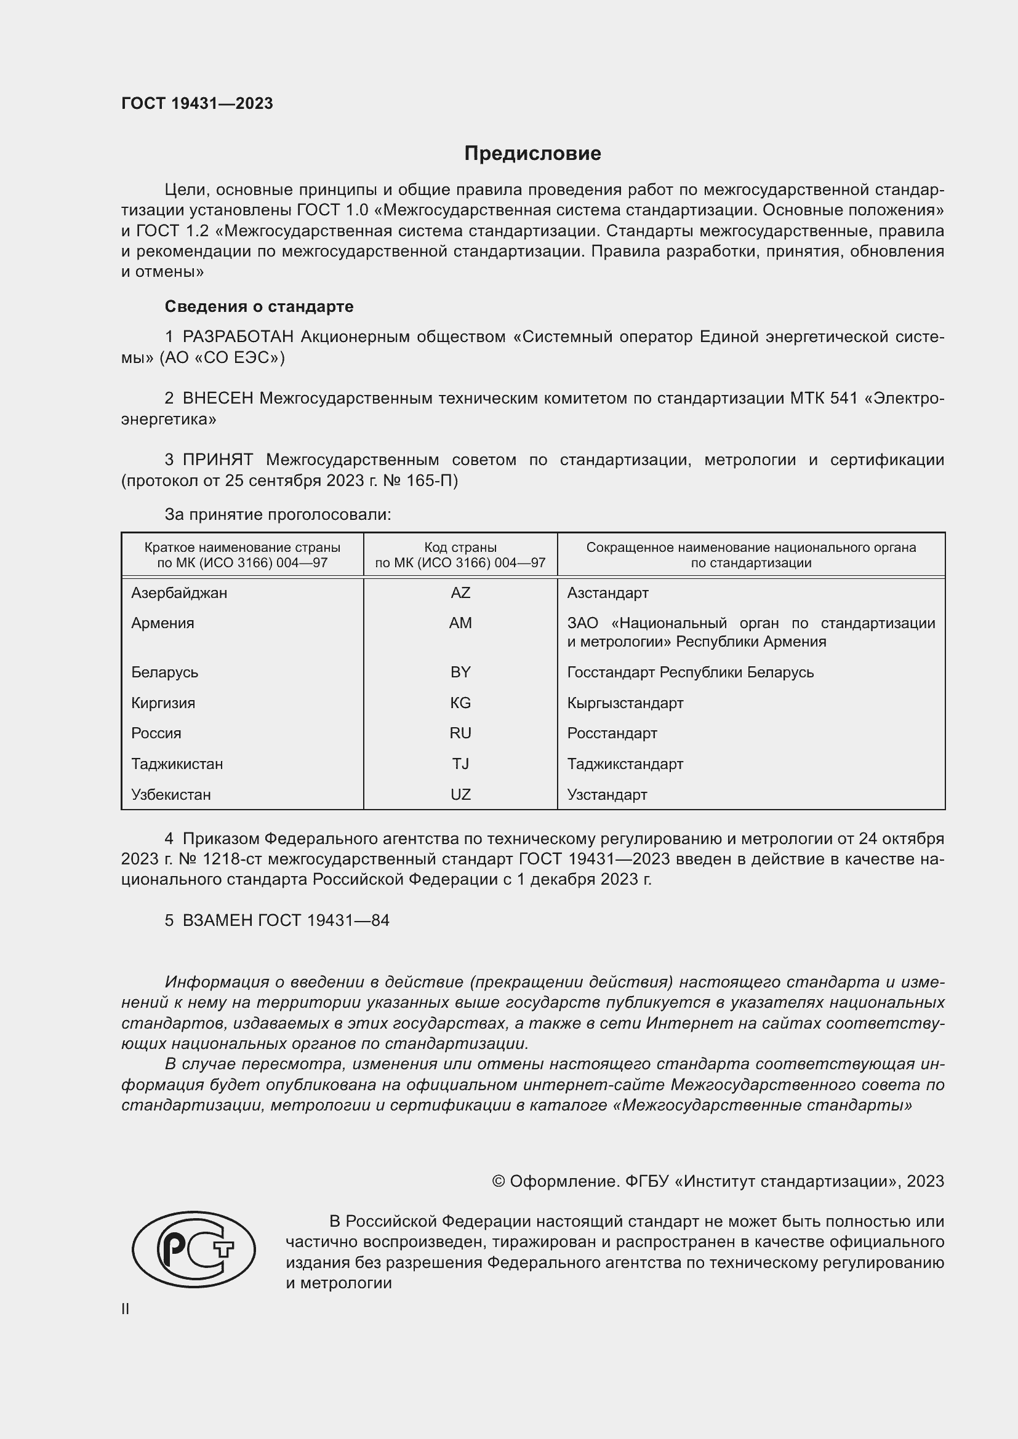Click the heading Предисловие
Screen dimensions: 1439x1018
coord(532,154)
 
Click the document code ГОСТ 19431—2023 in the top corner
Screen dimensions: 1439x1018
coord(197,103)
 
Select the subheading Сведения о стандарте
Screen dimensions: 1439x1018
coord(259,306)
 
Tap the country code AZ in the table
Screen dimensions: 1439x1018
coord(460,593)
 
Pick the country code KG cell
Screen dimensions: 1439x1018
coord(460,703)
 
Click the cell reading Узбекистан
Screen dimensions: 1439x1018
coord(170,795)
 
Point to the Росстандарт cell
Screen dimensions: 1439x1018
coord(612,733)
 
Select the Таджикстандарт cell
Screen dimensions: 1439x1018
coord(625,764)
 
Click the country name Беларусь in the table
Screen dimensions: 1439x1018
coord(164,672)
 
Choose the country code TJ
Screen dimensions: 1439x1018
coord(460,764)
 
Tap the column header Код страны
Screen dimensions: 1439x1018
coord(460,547)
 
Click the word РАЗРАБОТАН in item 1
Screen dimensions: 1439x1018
coord(238,337)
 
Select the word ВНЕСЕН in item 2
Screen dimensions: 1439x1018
coord(218,399)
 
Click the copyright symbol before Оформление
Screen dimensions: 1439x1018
coord(499,1181)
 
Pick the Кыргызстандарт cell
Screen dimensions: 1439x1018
coord(625,703)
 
